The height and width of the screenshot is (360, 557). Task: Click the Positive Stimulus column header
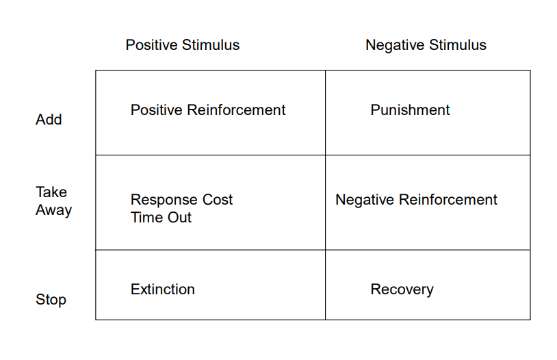point(183,45)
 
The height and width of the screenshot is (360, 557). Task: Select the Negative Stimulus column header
point(426,45)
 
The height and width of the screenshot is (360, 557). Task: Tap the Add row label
point(49,120)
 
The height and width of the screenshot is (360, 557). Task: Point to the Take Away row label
point(53,201)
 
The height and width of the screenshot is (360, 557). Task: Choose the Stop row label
point(51,300)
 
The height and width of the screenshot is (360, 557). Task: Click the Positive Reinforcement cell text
point(208,110)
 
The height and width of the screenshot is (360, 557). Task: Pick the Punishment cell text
point(410,110)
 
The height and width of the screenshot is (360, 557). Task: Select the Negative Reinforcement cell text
point(416,200)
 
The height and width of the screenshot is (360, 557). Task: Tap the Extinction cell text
point(163,290)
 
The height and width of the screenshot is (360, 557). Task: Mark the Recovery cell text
point(402,290)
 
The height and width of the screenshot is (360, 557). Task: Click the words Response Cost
point(181,200)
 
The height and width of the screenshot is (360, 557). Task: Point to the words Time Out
point(161,218)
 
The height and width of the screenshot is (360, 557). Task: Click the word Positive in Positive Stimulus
point(151,45)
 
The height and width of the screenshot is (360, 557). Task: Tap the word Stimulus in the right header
point(457,45)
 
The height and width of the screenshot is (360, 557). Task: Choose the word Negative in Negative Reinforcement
point(365,200)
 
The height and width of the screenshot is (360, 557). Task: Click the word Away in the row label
point(53,210)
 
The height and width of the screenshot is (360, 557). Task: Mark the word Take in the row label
point(51,192)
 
